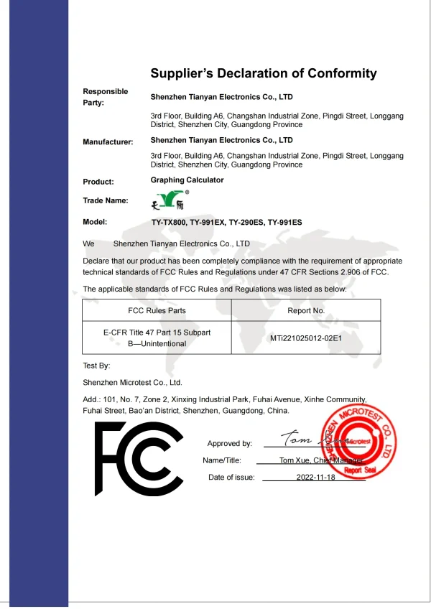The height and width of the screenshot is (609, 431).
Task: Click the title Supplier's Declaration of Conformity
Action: pos(263,73)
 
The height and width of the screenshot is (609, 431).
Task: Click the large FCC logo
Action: pos(139,459)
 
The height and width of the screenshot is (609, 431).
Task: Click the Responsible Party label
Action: pos(105,97)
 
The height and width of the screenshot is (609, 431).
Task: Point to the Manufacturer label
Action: pos(108,142)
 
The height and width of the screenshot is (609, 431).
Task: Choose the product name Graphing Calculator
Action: pos(187,180)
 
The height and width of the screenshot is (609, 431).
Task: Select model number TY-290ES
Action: pos(247,223)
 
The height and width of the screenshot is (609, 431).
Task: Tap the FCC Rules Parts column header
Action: pos(156,311)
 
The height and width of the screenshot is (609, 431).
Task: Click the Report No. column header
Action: pos(305,311)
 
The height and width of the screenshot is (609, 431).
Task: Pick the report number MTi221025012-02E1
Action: pos(305,338)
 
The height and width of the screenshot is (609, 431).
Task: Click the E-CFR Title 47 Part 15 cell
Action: pos(157,338)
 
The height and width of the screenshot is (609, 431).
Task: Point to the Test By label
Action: pos(96,366)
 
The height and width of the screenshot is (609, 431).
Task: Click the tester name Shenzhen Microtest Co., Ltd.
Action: pos(132,383)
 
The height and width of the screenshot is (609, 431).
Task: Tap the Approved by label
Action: pos(229,444)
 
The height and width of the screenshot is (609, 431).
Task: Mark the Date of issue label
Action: pos(231,477)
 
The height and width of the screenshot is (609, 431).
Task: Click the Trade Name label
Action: pos(106,200)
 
